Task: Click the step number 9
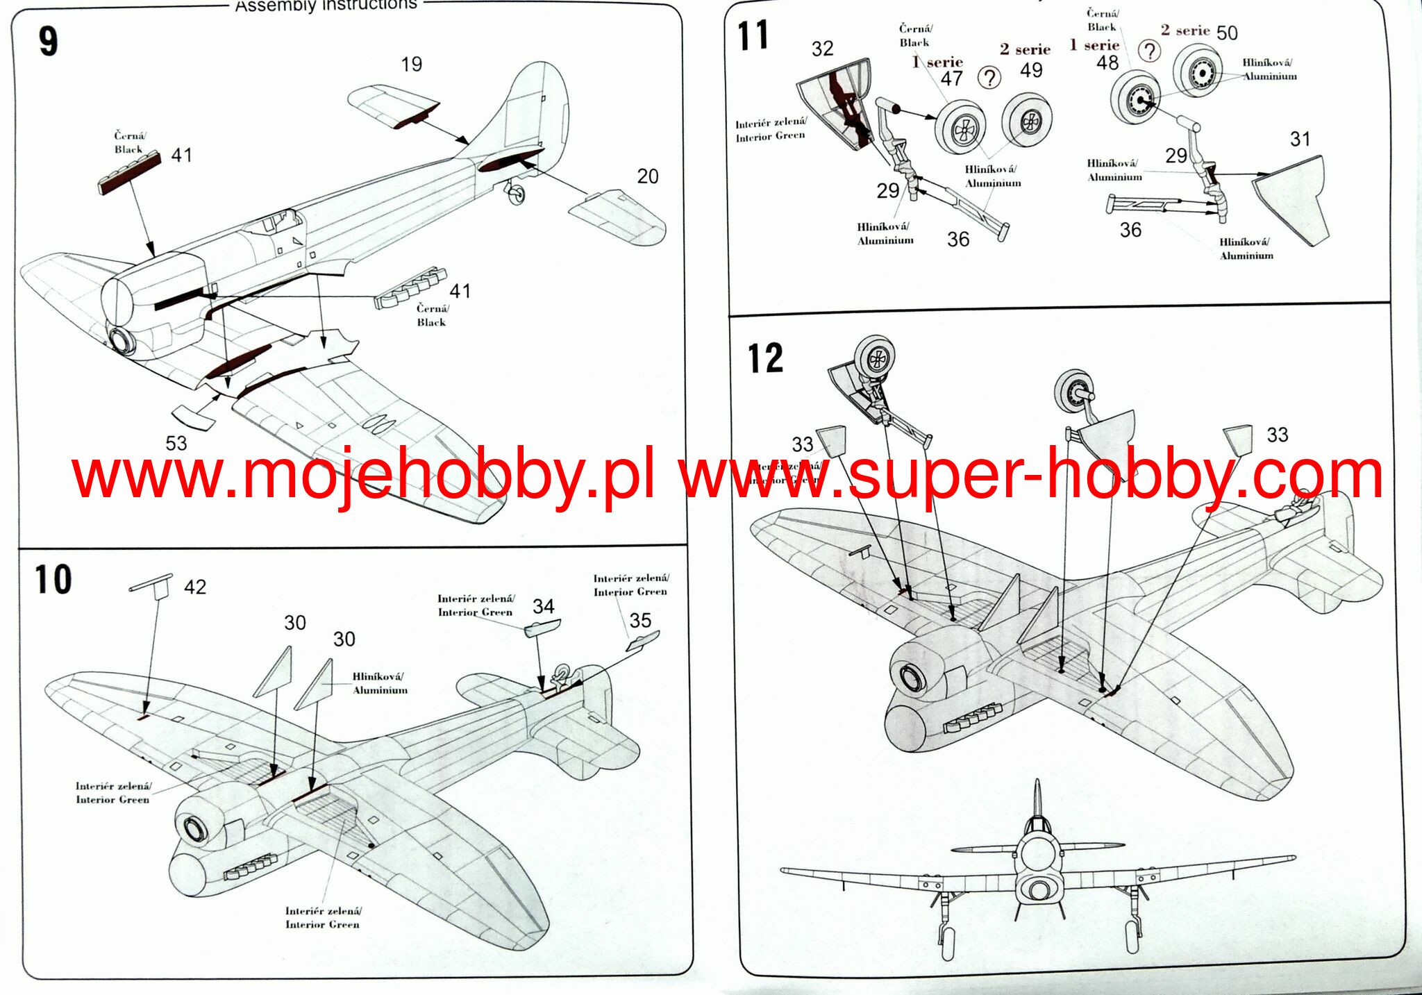click(x=48, y=42)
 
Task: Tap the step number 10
click(x=53, y=580)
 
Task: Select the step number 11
click(x=753, y=36)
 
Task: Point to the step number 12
click(x=765, y=359)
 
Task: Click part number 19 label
click(x=411, y=65)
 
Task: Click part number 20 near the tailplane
click(x=647, y=176)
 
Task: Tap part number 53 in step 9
click(x=176, y=443)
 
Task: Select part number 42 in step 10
click(x=195, y=587)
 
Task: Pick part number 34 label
click(x=543, y=607)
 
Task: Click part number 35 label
click(x=640, y=620)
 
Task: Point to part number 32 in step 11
click(x=822, y=49)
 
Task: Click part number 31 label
click(x=1300, y=140)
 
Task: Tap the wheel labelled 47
click(x=960, y=128)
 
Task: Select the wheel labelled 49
click(x=1027, y=122)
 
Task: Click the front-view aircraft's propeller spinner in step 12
click(x=1039, y=889)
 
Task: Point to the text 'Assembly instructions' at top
click(x=326, y=6)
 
